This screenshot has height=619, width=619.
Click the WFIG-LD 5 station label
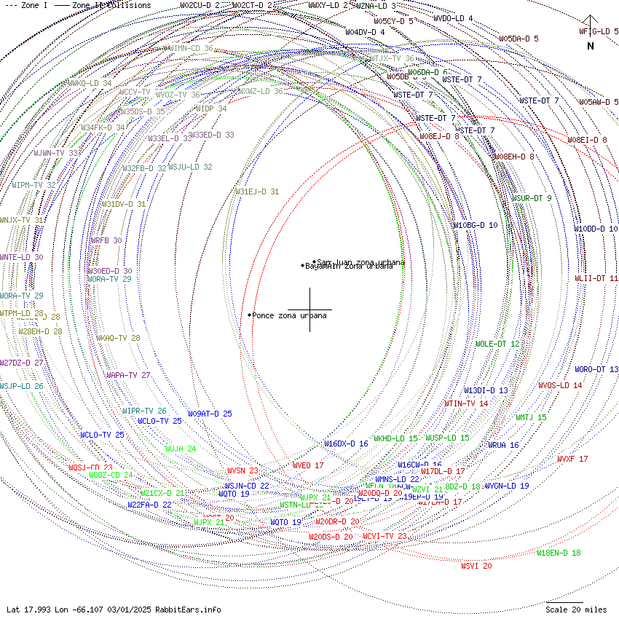[x=599, y=31]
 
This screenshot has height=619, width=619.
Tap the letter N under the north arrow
[x=591, y=46]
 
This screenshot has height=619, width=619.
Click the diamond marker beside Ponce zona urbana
[x=249, y=315]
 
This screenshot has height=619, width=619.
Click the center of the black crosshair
[x=310, y=310]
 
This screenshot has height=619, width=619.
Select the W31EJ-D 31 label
[x=256, y=192]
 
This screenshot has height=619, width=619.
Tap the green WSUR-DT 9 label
[x=531, y=198]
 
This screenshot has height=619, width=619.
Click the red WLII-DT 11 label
[x=596, y=278]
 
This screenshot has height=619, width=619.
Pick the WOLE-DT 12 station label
[x=497, y=344]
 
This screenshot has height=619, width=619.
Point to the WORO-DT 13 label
[x=596, y=369]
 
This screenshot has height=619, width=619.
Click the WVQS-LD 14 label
[x=560, y=385]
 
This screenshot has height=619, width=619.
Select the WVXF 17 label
[x=572, y=459]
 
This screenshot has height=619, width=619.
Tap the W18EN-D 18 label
[x=559, y=553]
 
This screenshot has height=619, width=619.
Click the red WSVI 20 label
[x=476, y=566]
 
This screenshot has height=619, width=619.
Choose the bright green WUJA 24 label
[x=180, y=449]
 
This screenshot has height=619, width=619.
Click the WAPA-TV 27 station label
[x=128, y=375]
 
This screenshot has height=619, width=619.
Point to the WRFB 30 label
[x=106, y=240]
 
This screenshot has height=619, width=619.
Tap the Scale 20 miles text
[x=576, y=609]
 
